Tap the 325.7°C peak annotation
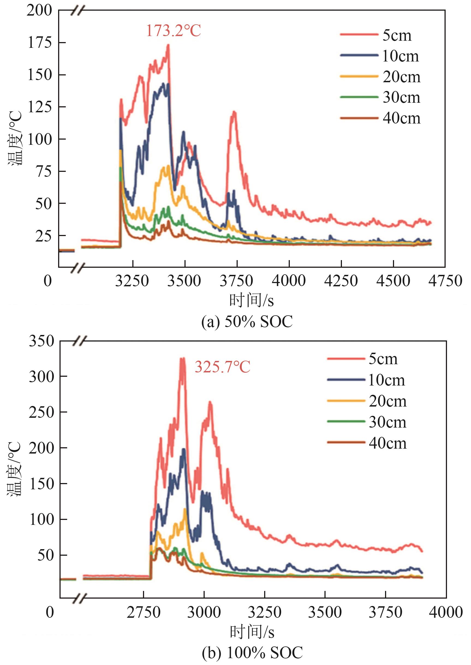tap(222, 367)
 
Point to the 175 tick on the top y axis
tap(40, 43)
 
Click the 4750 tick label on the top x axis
tap(445, 281)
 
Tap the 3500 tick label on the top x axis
tap(184, 281)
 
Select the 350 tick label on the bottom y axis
tap(41, 341)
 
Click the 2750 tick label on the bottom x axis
tap(144, 613)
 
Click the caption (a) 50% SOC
tap(247, 322)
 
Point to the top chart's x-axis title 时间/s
tap(251, 300)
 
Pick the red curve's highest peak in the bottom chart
tap(183, 358)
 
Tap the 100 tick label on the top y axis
tap(40, 139)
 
